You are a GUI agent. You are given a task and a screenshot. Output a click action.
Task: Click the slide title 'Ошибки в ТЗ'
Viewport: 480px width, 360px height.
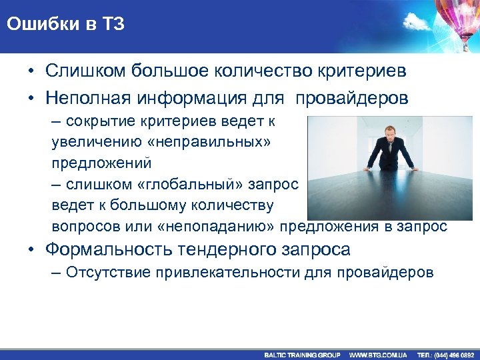[66, 25]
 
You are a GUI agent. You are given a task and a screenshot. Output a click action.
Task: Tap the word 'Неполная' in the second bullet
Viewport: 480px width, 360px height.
[89, 99]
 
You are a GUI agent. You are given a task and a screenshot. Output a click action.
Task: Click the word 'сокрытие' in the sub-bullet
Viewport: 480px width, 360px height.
[92, 121]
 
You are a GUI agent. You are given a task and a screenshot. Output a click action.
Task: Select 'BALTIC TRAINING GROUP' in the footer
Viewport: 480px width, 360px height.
[302, 355]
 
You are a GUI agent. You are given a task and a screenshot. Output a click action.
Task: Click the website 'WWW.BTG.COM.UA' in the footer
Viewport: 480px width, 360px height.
[378, 355]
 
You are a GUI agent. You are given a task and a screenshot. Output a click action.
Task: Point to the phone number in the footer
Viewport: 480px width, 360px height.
[445, 355]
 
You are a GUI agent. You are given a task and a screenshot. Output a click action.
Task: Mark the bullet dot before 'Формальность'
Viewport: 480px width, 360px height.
[31, 251]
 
